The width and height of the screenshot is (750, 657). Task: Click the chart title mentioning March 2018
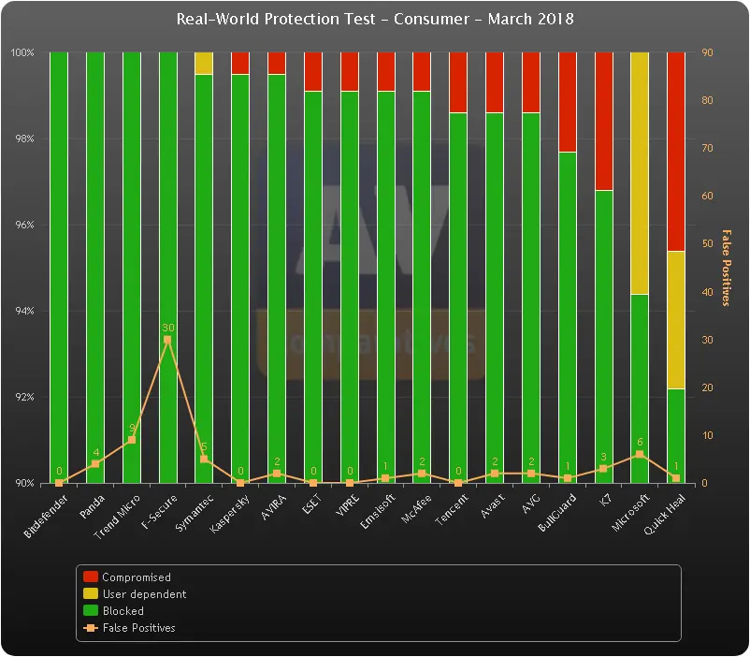click(375, 19)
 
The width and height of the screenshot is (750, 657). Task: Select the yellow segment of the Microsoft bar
click(640, 173)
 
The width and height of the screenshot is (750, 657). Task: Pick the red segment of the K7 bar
click(603, 122)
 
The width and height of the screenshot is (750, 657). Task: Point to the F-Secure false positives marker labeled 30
click(167, 340)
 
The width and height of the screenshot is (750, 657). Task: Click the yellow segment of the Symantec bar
click(204, 64)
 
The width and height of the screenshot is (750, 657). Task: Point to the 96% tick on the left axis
click(23, 226)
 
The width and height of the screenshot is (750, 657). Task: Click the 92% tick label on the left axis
click(23, 398)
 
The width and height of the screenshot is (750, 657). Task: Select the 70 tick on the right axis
click(708, 149)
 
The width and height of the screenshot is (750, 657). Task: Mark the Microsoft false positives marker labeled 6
click(640, 455)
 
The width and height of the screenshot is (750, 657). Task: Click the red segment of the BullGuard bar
click(567, 102)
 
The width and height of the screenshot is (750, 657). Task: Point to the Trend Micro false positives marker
click(131, 440)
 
